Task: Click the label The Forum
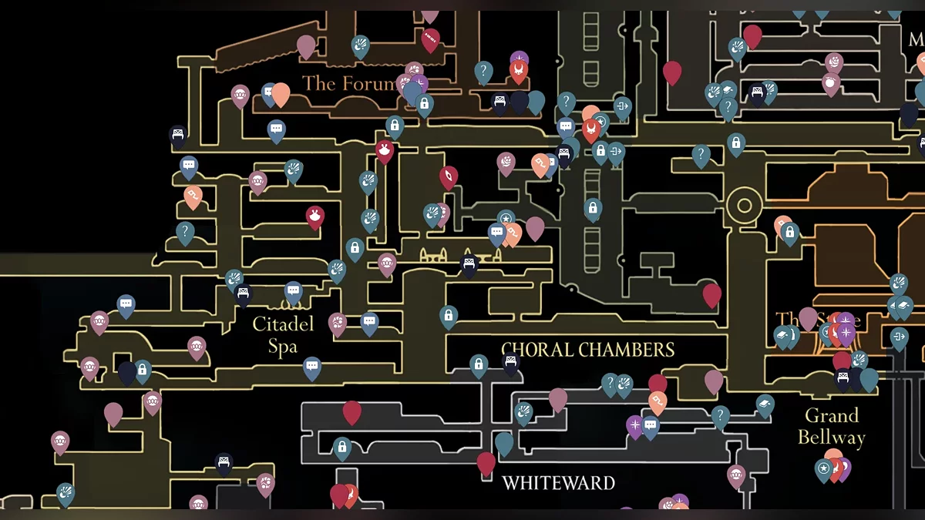348,83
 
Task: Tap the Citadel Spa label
283,335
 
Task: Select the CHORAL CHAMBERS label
587,350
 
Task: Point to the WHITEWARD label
558,483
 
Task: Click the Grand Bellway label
831,427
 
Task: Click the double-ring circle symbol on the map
744,206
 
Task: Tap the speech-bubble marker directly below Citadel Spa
311,367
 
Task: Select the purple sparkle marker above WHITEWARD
634,425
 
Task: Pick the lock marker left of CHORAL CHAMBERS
479,364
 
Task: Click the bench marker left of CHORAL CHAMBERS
511,361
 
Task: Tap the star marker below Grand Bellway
824,468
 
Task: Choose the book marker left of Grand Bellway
765,404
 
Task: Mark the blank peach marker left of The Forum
281,93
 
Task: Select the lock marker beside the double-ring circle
789,231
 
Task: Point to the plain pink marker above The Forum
306,45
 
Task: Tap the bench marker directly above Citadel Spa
244,294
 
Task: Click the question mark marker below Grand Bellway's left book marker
721,417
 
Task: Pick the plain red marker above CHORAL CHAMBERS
711,294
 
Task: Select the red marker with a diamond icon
448,177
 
